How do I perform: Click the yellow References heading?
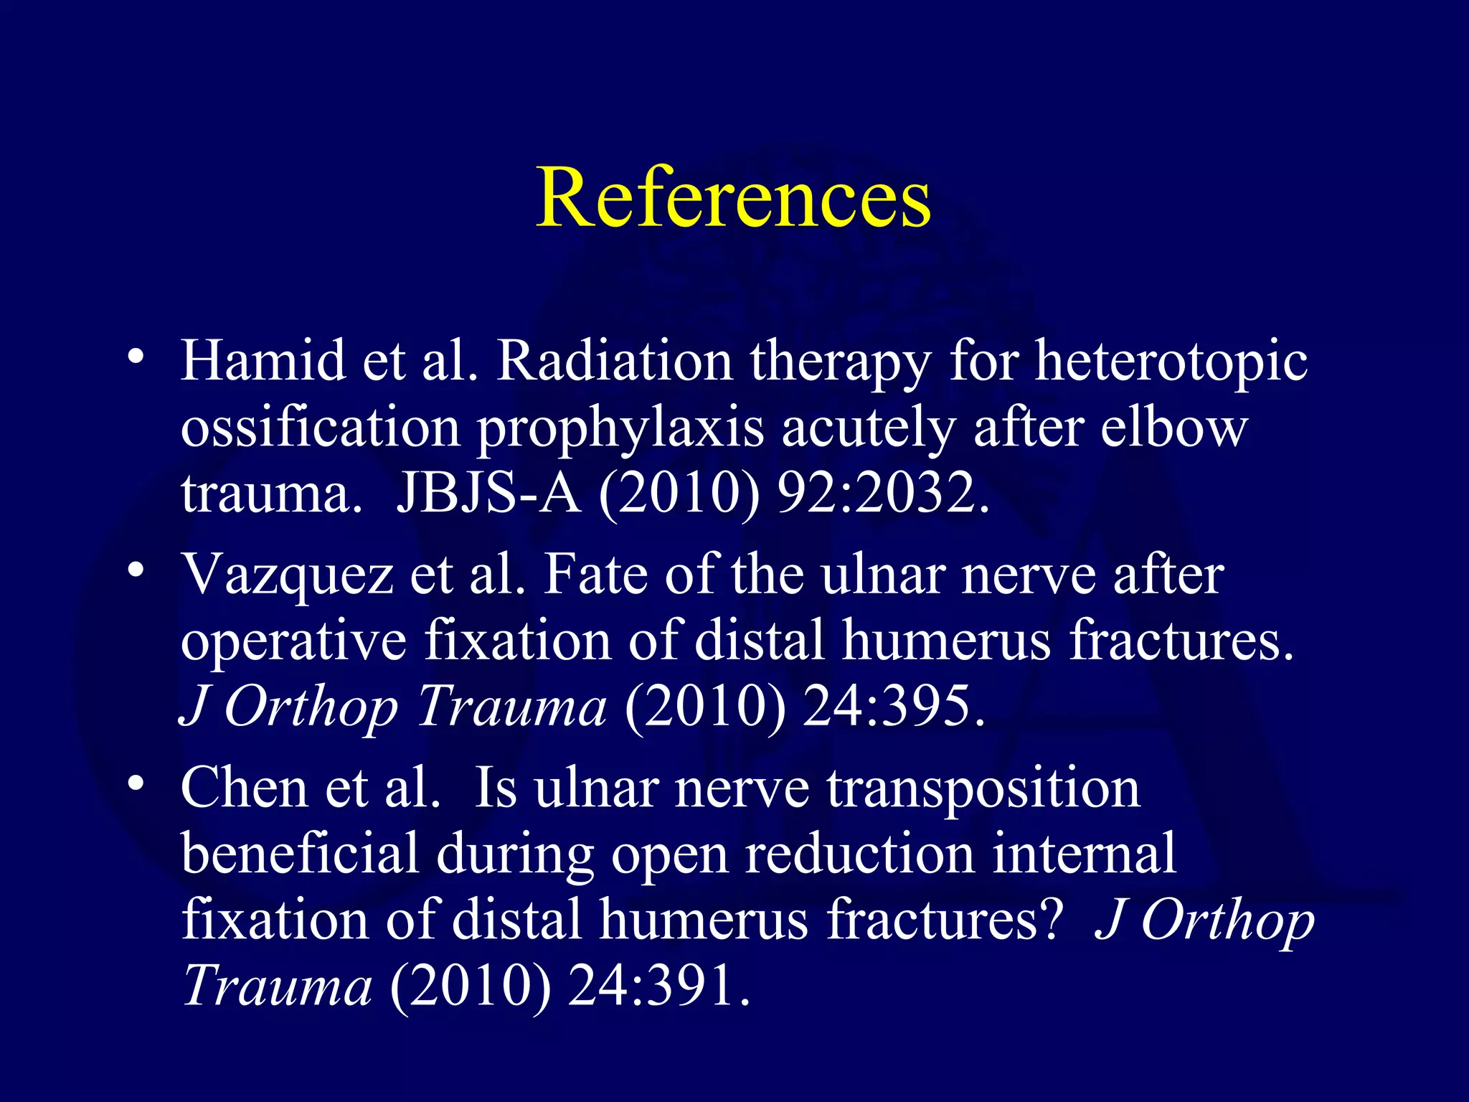click(x=733, y=197)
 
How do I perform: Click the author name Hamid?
click(x=263, y=361)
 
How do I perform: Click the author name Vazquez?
click(x=287, y=575)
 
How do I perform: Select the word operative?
click(x=293, y=641)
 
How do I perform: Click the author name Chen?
click(x=245, y=788)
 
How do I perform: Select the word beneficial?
click(x=300, y=854)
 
